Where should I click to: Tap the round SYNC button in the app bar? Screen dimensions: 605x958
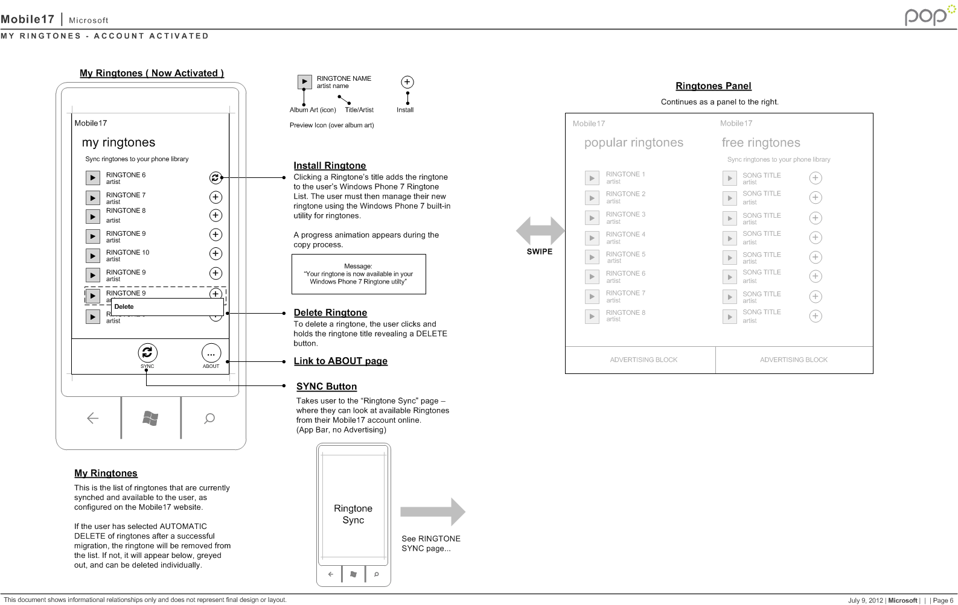pyautogui.click(x=147, y=353)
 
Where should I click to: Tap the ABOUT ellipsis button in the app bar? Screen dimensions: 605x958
pyautogui.click(x=211, y=353)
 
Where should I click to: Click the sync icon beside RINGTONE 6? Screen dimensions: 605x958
pyautogui.click(x=215, y=177)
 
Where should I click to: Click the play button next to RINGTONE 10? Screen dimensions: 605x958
pyautogui.click(x=92, y=256)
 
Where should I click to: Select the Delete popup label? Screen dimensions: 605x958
pyautogui.click(x=124, y=306)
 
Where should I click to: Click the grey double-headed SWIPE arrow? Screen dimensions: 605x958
pyautogui.click(x=540, y=230)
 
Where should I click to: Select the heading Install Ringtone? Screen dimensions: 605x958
pyautogui.click(x=330, y=165)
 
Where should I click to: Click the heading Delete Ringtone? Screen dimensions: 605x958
pyautogui.click(x=330, y=312)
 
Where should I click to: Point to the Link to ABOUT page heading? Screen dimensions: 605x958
pyautogui.click(x=340, y=361)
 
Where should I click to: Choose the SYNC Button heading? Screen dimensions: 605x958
pyautogui.click(x=327, y=386)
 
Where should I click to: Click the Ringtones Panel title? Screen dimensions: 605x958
pyautogui.click(x=713, y=86)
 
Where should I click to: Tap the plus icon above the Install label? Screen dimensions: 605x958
pyautogui.click(x=407, y=82)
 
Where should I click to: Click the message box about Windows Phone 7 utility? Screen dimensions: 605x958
pyautogui.click(x=359, y=274)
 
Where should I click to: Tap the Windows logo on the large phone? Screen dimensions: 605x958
pyautogui.click(x=150, y=418)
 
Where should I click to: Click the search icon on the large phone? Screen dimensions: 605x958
pyautogui.click(x=209, y=418)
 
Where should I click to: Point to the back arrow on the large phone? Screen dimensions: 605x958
pyautogui.click(x=92, y=418)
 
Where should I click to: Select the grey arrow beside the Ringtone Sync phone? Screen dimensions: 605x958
pyautogui.click(x=432, y=512)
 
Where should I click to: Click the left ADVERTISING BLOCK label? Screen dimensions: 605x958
pyautogui.click(x=643, y=360)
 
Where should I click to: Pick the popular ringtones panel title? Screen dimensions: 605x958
pyautogui.click(x=634, y=142)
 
